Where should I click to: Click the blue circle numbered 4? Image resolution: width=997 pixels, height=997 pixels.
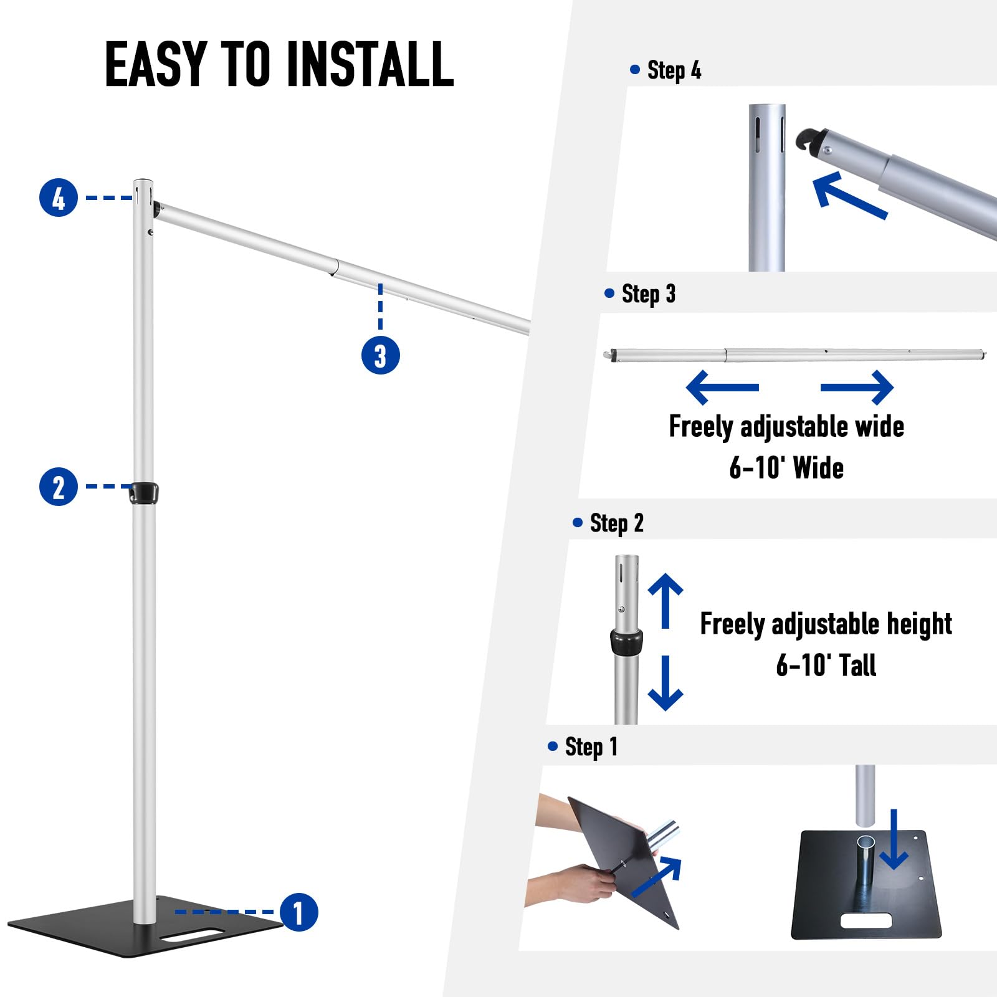59,198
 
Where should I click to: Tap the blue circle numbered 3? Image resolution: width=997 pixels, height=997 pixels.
380,356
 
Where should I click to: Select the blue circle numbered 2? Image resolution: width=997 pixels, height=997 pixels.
59,487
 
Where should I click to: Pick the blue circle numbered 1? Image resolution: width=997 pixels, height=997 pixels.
299,912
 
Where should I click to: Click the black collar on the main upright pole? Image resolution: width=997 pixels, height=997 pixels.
143,492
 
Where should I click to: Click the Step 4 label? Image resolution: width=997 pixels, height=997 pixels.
673,70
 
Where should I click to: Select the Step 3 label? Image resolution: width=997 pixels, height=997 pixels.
648,293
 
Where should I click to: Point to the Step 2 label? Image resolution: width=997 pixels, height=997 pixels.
616,523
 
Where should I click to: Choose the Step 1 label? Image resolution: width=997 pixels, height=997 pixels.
591,747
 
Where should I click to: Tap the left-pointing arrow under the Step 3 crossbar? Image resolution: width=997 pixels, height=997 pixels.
722,387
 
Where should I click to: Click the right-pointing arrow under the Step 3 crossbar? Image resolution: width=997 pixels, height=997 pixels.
857,387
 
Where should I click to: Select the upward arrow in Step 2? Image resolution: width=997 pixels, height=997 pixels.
665,599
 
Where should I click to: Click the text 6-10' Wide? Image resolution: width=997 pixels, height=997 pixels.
786,467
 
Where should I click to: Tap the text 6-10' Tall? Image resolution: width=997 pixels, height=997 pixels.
826,665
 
